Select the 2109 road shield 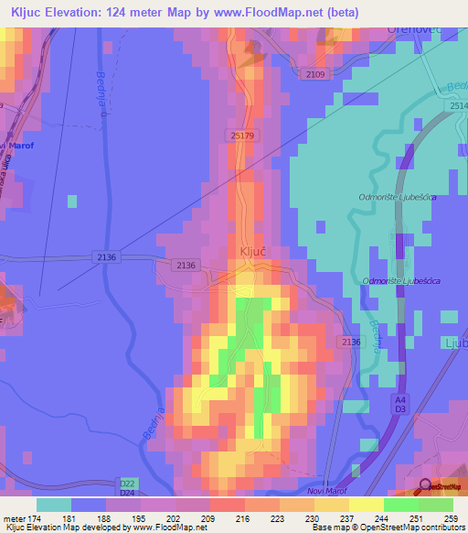(x=314, y=72)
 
